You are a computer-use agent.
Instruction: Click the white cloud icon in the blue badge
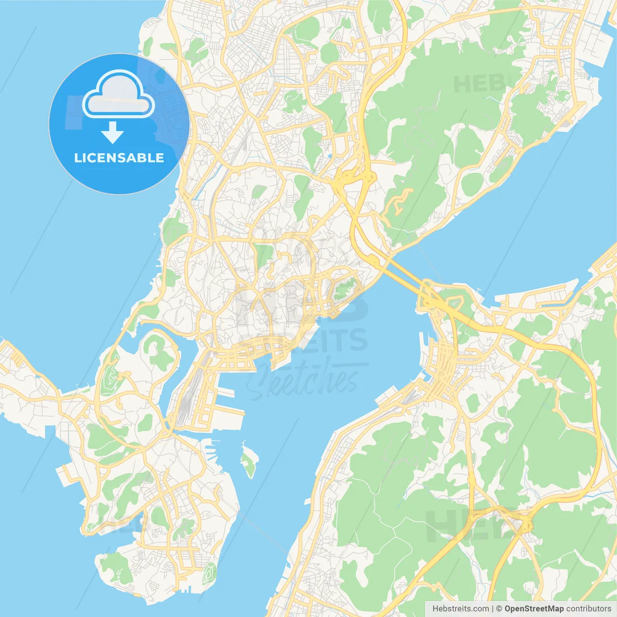coord(119,94)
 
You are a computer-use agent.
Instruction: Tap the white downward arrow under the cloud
coord(112,133)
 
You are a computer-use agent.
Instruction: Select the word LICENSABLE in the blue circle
coord(119,158)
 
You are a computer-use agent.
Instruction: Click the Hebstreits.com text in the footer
coord(460,609)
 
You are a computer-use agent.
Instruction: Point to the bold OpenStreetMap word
coord(534,609)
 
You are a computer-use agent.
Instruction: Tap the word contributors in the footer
coord(589,609)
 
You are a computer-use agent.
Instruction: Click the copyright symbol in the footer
coord(499,609)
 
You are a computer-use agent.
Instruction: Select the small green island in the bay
coord(249,461)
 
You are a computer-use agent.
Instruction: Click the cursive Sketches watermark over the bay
coord(304,381)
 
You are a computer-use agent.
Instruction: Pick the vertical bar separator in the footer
coord(493,609)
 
